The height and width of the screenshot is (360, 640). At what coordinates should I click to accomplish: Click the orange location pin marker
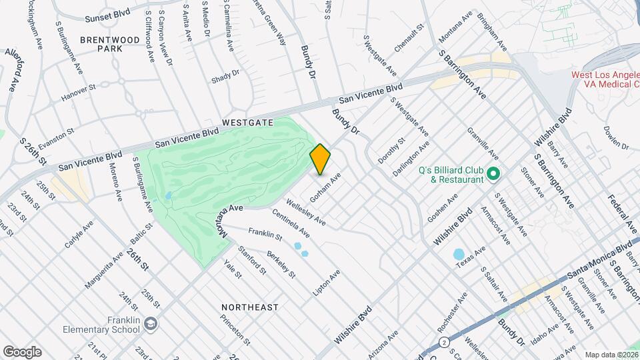click(320, 159)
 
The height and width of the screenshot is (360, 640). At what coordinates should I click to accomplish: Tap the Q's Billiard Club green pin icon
click(493, 175)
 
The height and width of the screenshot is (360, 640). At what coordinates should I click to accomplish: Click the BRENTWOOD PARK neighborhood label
click(109, 45)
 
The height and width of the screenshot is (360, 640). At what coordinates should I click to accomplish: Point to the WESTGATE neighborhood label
click(247, 123)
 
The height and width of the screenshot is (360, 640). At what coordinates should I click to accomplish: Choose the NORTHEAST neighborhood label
click(250, 307)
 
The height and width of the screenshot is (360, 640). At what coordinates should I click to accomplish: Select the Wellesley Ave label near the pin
click(305, 210)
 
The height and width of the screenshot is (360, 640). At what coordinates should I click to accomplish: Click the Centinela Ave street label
click(291, 224)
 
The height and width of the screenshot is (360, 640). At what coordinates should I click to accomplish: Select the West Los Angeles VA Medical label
click(604, 80)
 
